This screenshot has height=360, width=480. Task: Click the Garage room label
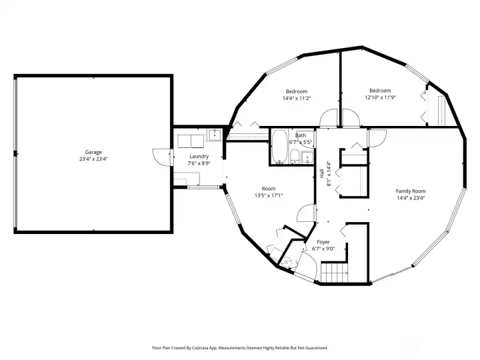point(93,152)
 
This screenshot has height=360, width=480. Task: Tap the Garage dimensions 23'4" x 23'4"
point(93,159)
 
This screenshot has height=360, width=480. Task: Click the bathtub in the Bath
point(279,147)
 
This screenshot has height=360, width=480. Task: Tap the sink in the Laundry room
point(214,135)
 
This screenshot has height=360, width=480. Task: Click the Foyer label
point(323,242)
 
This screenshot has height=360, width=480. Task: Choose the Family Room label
point(411,191)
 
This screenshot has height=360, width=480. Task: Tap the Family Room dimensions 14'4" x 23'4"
point(411,198)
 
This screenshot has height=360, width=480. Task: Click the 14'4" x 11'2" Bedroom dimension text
point(297,98)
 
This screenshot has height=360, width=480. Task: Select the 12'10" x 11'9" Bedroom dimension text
point(380,97)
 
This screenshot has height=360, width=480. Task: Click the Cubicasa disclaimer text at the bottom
point(240,347)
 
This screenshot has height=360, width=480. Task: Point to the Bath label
point(301,135)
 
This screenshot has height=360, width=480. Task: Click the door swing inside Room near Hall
point(305,213)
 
